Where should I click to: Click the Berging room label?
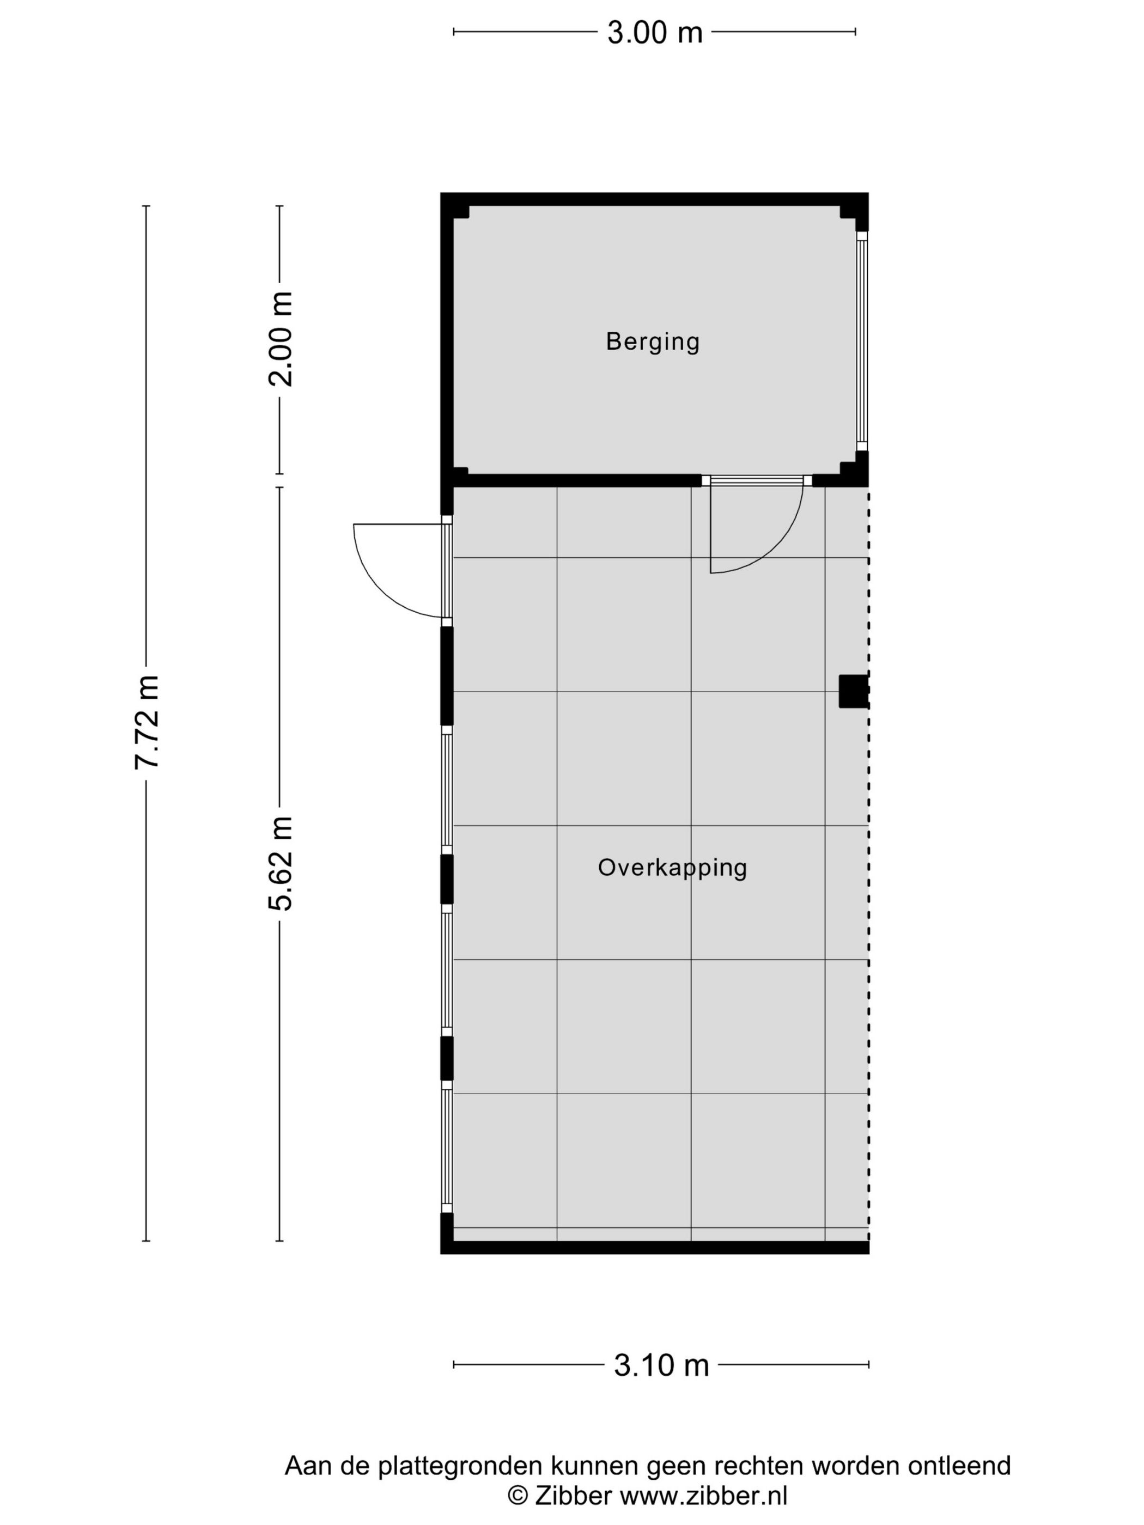[652, 341]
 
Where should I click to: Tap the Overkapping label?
[672, 867]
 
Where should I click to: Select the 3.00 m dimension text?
[654, 32]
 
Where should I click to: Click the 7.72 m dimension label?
[148, 722]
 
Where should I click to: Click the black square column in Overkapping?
[853, 691]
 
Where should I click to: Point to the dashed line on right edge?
[868, 896]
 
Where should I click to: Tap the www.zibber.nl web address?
[703, 1496]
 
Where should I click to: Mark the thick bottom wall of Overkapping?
[655, 1247]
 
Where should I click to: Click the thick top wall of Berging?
[654, 199]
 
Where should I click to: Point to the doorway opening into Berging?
[757, 480]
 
